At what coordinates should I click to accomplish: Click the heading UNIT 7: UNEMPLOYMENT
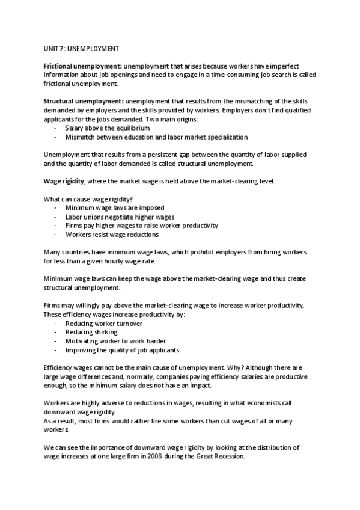coord(81,48)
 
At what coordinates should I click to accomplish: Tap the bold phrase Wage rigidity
coord(64,180)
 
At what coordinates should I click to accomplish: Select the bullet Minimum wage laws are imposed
coord(109,207)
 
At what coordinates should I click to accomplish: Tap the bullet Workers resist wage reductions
coord(112,235)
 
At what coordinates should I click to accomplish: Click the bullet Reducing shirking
coord(91,332)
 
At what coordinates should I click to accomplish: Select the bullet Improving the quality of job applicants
coord(122,350)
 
